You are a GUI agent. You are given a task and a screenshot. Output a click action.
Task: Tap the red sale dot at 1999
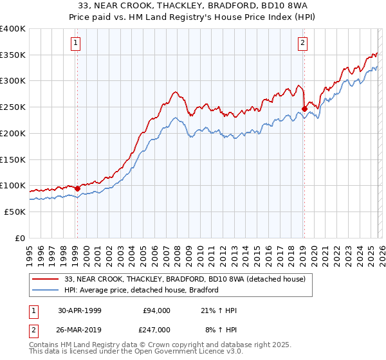(x=77, y=189)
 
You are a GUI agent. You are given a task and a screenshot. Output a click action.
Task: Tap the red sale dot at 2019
(x=304, y=109)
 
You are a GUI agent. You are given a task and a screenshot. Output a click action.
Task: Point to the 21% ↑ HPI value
(x=219, y=310)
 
